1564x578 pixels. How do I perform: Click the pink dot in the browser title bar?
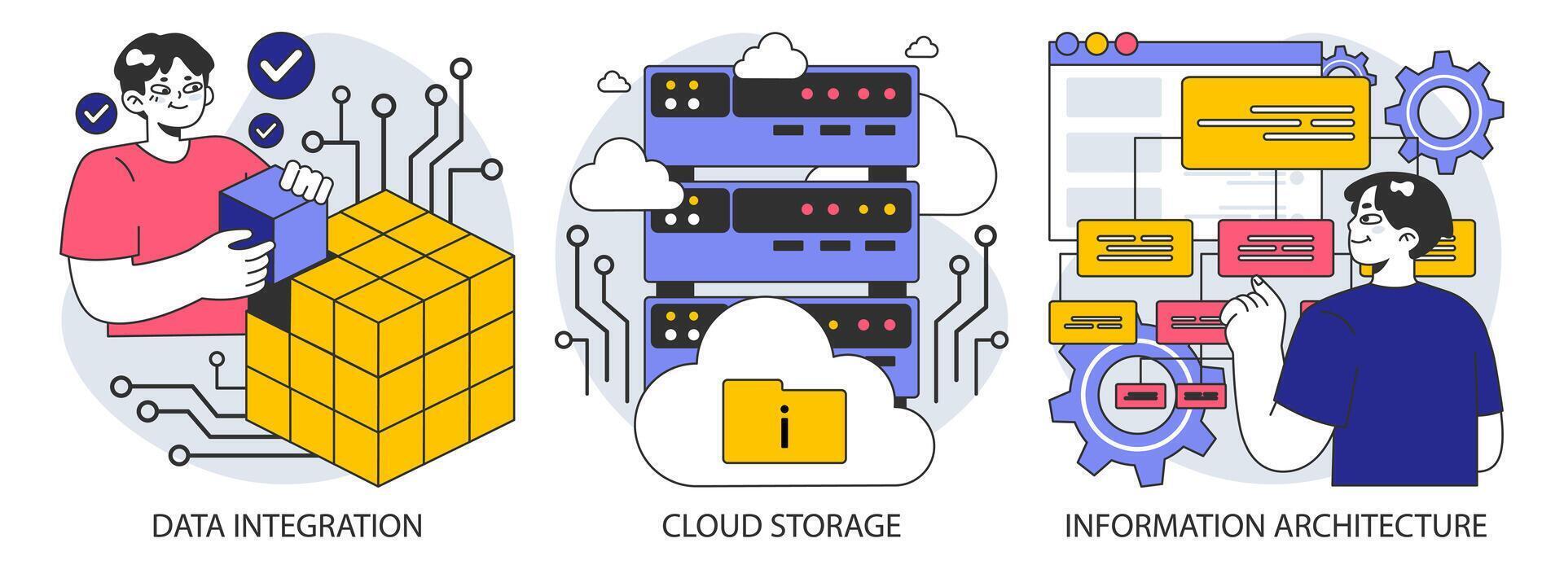[1125, 43]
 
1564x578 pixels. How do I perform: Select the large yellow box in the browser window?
[1275, 122]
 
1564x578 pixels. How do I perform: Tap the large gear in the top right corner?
[1443, 112]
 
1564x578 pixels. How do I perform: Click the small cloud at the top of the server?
[771, 57]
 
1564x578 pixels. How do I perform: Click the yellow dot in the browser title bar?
[1096, 43]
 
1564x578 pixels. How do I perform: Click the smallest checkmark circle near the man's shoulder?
[266, 129]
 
